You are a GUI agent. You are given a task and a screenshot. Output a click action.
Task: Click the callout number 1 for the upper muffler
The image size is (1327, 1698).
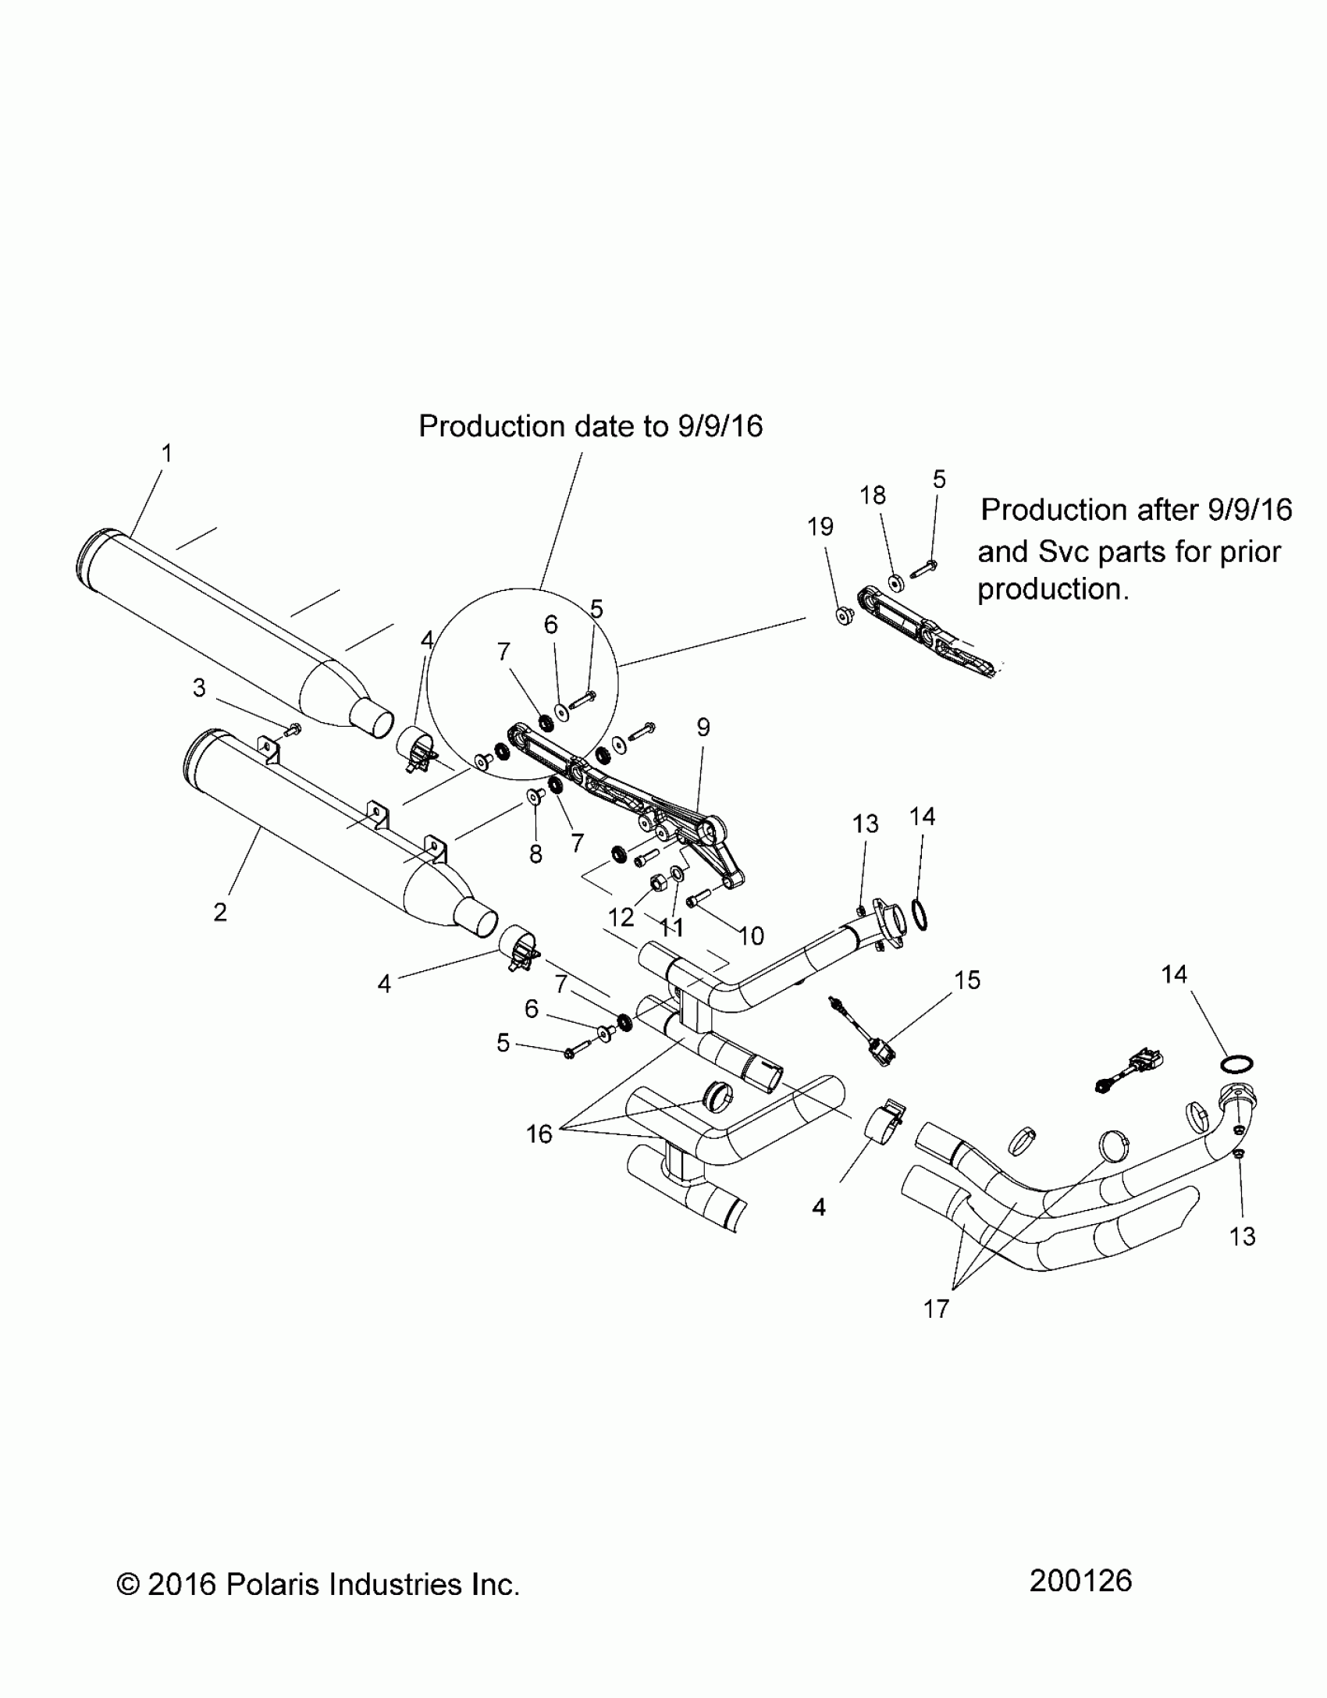(166, 454)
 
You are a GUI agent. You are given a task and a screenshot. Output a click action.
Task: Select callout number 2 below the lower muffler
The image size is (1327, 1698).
(220, 912)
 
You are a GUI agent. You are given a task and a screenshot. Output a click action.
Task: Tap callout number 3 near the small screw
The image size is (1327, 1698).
(200, 688)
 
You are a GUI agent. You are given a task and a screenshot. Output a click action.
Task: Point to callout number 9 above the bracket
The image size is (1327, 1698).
(703, 728)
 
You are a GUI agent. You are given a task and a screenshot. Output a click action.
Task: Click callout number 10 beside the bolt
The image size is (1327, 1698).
(751, 935)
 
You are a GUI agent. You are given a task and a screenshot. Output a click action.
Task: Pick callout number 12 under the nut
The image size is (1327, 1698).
(621, 918)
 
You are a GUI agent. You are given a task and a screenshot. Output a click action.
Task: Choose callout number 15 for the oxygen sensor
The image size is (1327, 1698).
(967, 980)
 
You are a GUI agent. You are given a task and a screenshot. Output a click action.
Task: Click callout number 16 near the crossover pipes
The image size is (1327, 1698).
(539, 1134)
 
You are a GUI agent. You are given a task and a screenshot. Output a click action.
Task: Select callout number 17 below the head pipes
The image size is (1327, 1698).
(935, 1308)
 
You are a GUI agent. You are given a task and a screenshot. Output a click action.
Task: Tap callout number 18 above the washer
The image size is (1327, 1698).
(873, 495)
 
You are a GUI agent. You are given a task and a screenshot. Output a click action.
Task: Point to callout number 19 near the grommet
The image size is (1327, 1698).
(820, 527)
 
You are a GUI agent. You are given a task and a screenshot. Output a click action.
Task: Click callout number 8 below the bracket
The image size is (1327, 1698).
(535, 855)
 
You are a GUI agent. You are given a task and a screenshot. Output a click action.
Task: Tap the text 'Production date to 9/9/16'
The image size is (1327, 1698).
(590, 426)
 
